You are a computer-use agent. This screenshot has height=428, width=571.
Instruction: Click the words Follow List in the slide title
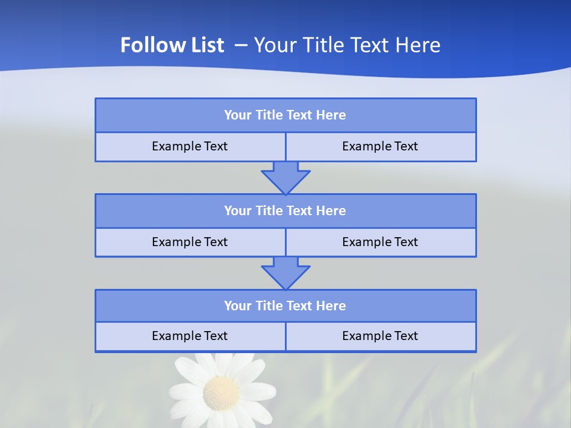click(172, 45)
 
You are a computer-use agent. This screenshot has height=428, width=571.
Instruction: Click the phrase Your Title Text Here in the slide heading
click(347, 45)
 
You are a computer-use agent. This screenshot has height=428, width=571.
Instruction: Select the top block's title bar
click(285, 115)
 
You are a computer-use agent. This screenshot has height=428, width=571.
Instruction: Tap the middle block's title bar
click(285, 210)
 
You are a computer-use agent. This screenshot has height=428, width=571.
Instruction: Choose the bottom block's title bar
click(285, 306)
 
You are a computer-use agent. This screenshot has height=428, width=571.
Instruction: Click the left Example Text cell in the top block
click(190, 146)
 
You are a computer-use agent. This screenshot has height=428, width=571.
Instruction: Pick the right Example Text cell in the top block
click(380, 146)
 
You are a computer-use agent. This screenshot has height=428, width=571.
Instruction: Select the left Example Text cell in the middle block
click(190, 242)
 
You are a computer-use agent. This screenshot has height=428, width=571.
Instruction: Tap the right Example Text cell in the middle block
click(380, 242)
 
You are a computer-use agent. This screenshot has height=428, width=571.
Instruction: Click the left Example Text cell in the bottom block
click(190, 336)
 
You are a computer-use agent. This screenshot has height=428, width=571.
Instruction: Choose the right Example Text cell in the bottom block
click(380, 336)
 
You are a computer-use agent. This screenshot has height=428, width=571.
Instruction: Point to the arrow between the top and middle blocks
click(285, 178)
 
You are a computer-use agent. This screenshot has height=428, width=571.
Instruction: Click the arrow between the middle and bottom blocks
click(285, 273)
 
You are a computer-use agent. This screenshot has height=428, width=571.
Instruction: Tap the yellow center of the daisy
click(221, 392)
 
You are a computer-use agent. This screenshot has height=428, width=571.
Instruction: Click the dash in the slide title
click(241, 45)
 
